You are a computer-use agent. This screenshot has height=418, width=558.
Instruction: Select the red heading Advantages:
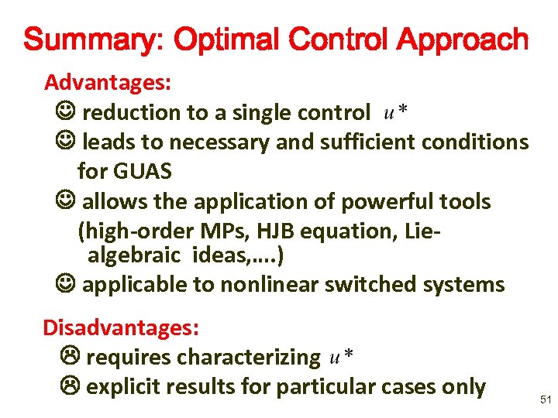(108, 81)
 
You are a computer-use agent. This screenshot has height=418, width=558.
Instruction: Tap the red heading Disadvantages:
(122, 327)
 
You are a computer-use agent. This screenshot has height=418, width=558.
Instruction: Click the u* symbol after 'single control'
(397, 114)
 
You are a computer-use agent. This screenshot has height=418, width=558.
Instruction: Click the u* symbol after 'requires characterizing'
(342, 357)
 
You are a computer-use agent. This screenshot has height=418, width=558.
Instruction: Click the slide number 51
(544, 399)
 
